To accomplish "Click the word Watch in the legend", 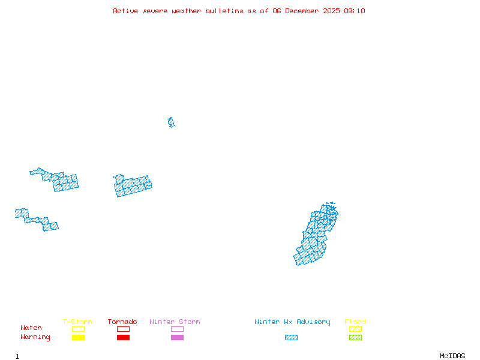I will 31,328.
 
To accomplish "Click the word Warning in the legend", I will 35,337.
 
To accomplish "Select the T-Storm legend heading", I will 77,322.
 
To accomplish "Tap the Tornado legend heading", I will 122,322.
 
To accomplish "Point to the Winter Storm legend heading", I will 175,322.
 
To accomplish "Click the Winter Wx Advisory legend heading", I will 292,322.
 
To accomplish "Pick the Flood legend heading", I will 355,322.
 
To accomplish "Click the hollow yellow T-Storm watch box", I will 78,329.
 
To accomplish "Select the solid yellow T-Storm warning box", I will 78,337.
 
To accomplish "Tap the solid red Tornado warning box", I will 123,337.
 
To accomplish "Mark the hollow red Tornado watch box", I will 123,329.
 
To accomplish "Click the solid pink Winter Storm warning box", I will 177,337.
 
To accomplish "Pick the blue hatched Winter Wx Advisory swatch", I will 291,337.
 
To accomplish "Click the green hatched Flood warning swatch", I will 355,337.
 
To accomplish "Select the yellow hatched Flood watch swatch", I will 355,329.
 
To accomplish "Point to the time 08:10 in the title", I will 354,11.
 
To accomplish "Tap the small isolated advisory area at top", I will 171,122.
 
